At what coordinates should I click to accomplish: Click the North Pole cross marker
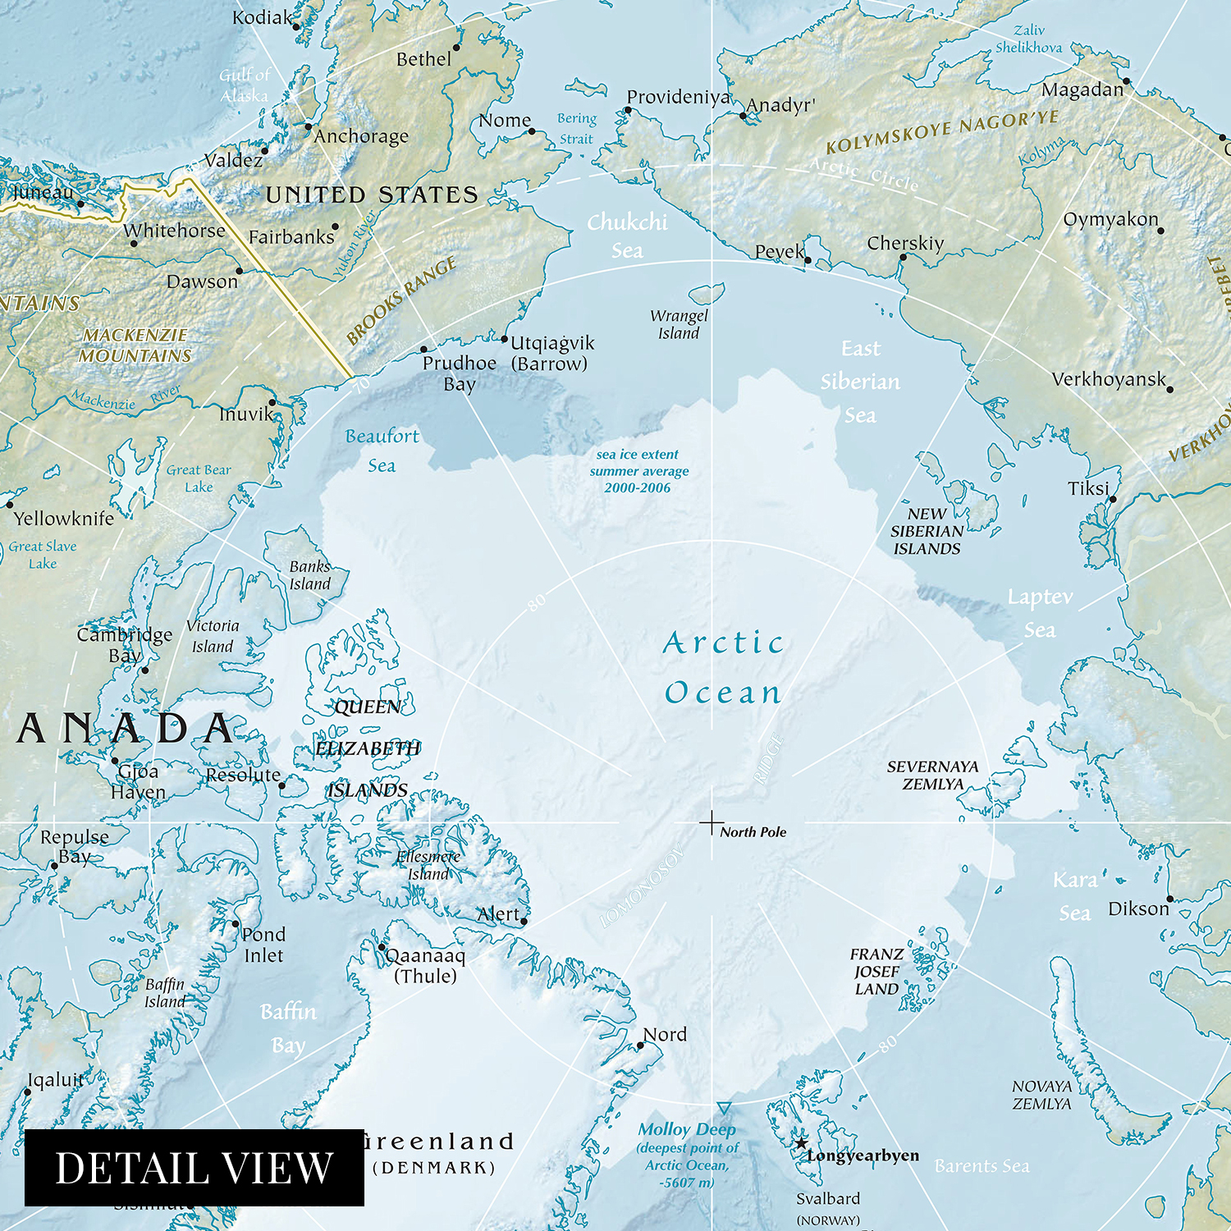click(712, 822)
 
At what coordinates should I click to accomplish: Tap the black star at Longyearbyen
click(801, 1143)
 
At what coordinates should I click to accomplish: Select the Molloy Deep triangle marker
click(724, 1109)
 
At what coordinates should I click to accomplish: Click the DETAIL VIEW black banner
click(194, 1168)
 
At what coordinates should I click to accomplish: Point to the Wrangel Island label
click(679, 324)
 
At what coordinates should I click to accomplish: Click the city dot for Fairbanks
click(335, 227)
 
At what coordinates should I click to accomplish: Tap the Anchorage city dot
click(309, 126)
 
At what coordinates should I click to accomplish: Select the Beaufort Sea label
click(382, 451)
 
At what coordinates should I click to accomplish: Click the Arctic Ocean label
click(723, 668)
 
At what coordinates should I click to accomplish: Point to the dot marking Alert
click(524, 922)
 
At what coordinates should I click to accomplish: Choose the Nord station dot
click(640, 1046)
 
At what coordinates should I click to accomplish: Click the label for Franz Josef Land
click(876, 972)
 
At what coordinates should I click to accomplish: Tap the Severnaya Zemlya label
click(933, 775)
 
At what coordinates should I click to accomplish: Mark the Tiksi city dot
click(1114, 499)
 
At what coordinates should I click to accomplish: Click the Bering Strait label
click(577, 129)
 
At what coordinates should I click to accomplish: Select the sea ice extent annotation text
click(638, 471)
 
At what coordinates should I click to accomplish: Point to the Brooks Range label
click(401, 300)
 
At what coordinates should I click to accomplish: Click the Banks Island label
click(309, 575)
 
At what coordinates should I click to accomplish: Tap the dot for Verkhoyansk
click(1169, 389)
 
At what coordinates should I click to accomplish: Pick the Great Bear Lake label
click(199, 478)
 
